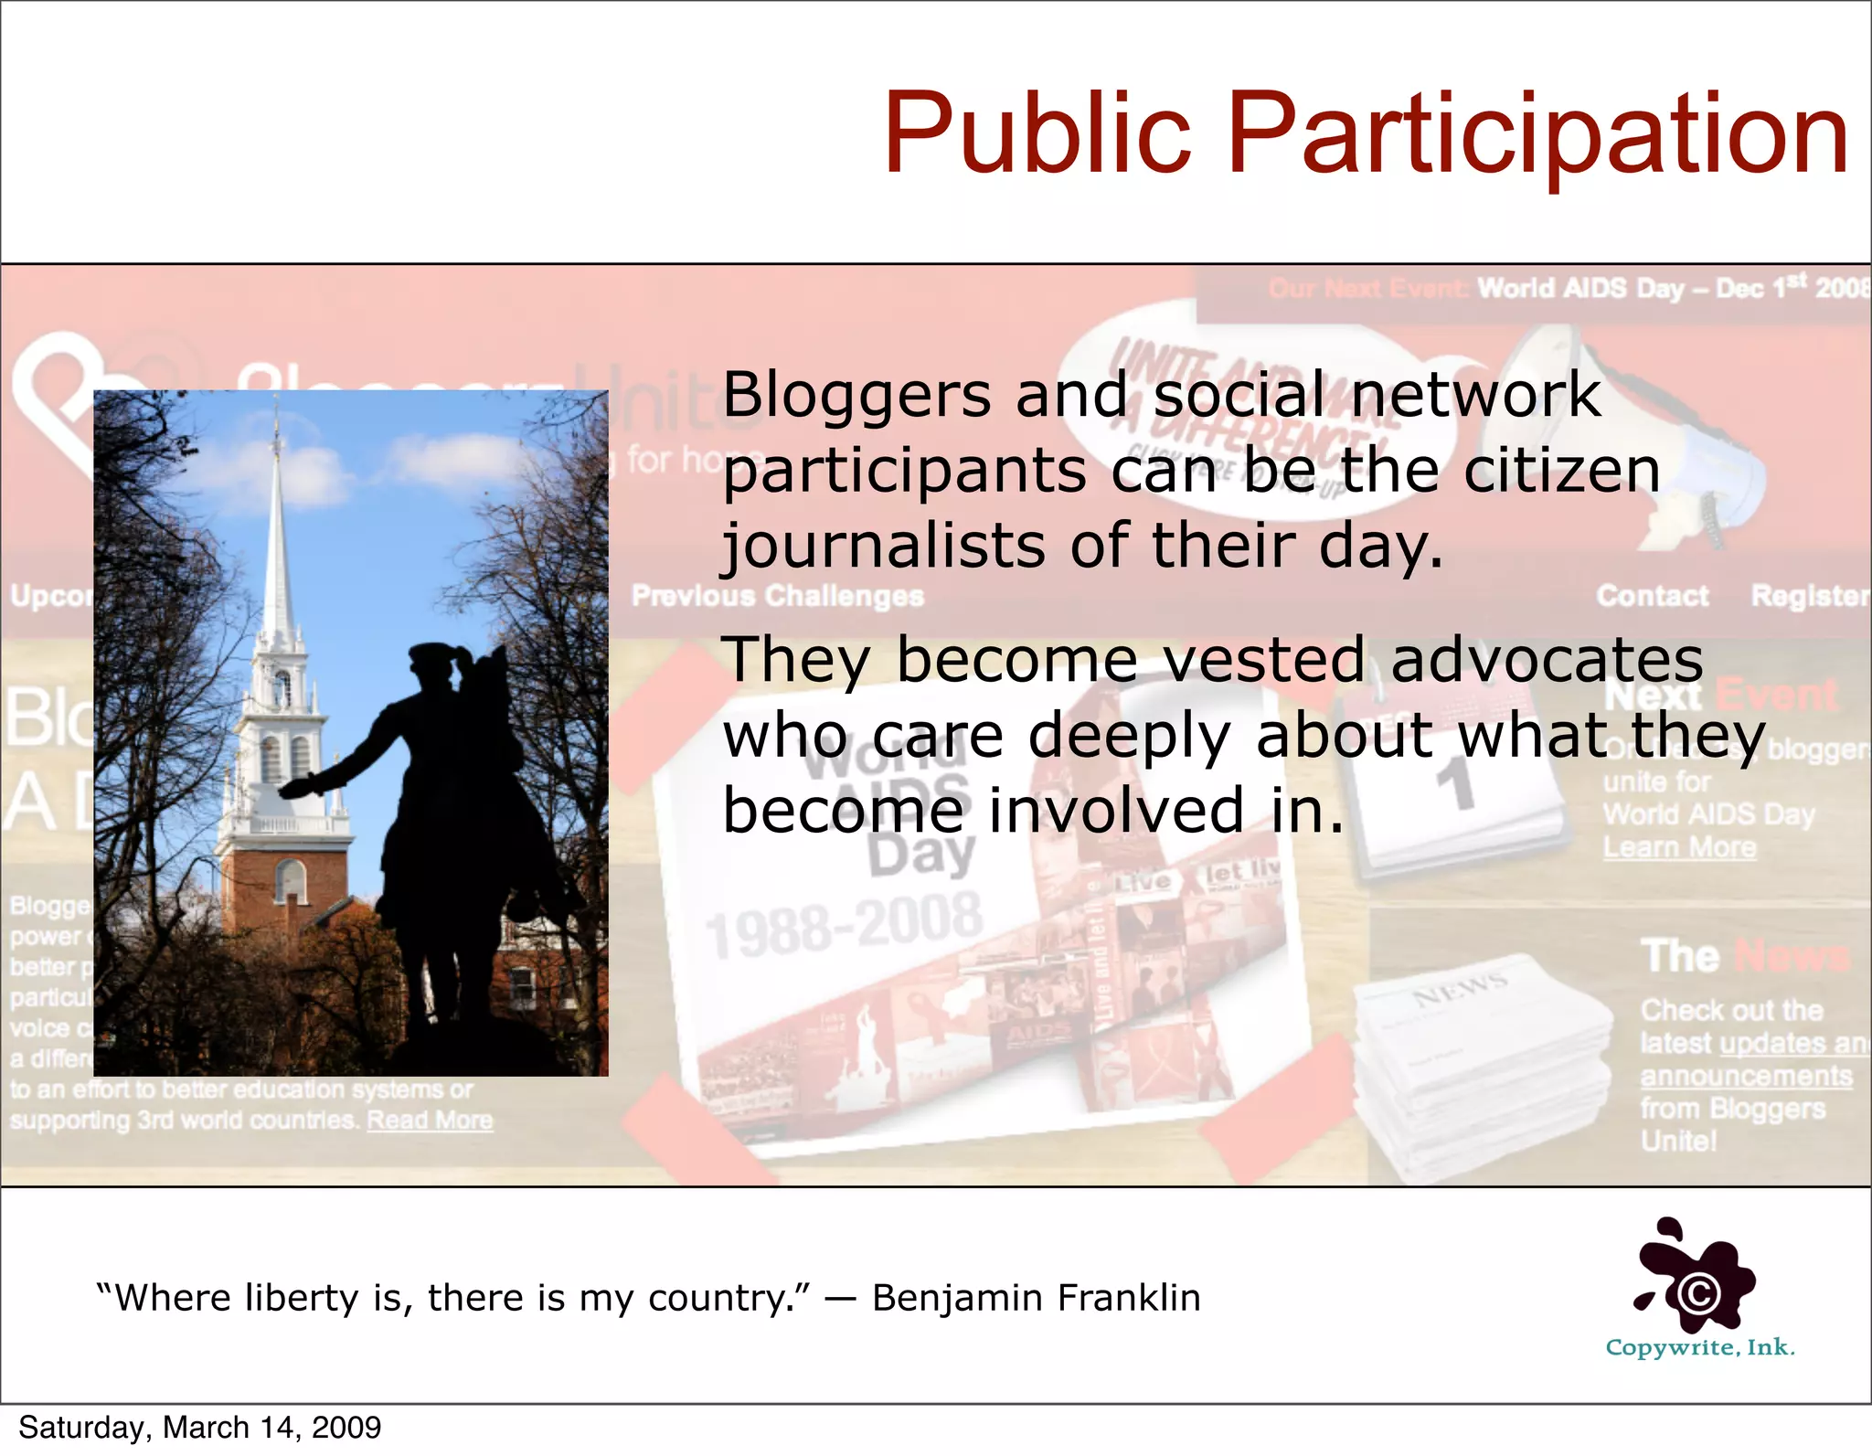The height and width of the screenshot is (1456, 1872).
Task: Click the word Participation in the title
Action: point(1537,135)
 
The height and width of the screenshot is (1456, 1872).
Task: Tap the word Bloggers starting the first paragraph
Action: point(856,395)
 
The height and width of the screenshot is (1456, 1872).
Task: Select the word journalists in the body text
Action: point(883,546)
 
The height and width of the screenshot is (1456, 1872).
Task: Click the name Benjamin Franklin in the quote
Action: point(1036,1298)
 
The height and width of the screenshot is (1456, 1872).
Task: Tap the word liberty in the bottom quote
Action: point(303,1298)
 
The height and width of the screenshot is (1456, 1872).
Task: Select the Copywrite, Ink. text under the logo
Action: point(1700,1348)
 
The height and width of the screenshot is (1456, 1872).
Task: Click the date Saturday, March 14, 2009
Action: point(199,1428)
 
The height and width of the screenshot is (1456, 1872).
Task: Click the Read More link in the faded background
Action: point(430,1121)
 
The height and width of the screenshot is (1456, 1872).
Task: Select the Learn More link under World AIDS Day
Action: point(1679,847)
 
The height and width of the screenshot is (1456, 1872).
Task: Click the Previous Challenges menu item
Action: point(778,596)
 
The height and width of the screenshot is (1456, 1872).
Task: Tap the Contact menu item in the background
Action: point(1652,596)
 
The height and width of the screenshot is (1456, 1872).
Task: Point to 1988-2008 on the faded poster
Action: point(843,926)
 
